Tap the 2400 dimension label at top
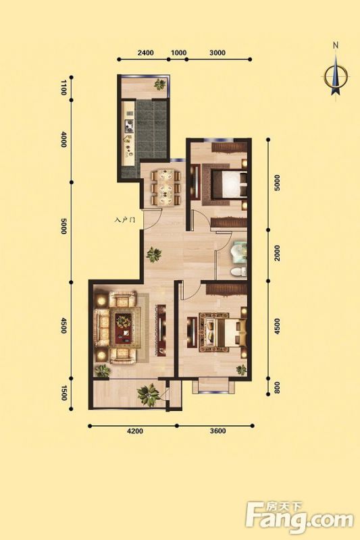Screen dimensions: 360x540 [145, 53]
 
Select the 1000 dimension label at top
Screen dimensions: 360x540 [179, 53]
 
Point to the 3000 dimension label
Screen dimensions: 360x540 [217, 53]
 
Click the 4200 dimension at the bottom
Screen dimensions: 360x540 [134, 431]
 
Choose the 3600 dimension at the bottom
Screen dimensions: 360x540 [217, 431]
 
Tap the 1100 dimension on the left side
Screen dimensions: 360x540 [63, 88]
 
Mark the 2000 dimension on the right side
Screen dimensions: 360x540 [278, 253]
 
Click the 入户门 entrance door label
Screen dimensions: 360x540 [124, 220]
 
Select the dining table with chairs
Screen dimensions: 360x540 [166, 188]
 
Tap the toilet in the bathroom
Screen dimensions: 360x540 [238, 271]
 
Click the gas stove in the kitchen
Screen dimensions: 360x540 [130, 126]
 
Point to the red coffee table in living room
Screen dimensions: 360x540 [124, 328]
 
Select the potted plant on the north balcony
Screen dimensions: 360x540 [159, 84]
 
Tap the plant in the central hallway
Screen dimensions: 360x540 [153, 255]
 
